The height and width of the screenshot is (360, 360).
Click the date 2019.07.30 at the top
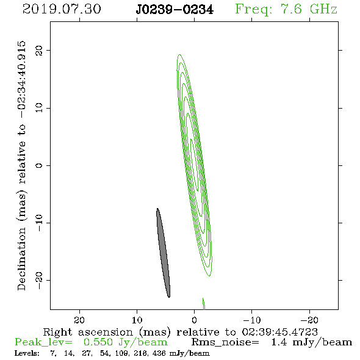(62, 9)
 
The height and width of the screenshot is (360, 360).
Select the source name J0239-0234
(175, 10)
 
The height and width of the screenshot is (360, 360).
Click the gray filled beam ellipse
(164, 253)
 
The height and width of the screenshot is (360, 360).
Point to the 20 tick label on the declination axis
(39, 51)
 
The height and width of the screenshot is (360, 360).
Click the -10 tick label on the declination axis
(39, 223)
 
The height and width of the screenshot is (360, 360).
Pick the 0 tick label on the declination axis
(39, 165)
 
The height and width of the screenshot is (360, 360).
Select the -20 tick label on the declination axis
(39, 281)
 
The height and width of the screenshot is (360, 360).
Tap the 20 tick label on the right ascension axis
(79, 320)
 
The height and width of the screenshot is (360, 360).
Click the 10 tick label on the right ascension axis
(137, 320)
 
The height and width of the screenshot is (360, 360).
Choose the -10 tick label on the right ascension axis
(252, 320)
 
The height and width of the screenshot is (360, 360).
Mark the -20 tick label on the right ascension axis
(309, 320)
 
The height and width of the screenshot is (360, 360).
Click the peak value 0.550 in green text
(98, 342)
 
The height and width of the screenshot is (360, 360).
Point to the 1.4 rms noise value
(279, 342)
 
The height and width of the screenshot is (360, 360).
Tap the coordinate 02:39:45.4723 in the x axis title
(279, 332)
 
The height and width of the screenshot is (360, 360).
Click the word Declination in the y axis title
(21, 259)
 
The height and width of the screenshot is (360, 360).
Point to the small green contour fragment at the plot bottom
(204, 304)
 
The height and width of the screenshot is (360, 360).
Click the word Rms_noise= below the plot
(225, 342)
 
